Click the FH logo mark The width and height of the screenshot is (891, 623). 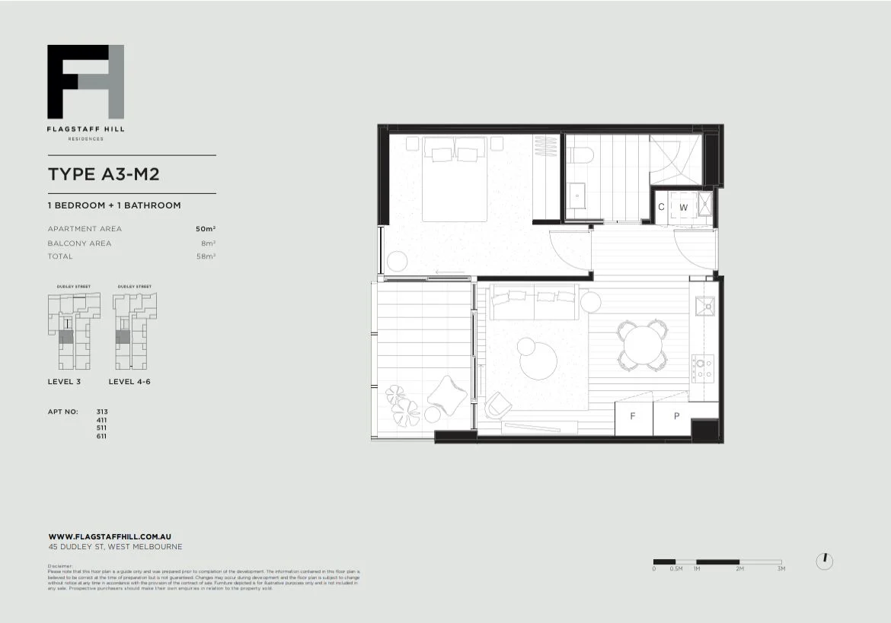click(x=85, y=81)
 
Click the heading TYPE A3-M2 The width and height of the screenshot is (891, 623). click(x=104, y=174)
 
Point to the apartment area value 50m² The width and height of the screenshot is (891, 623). click(x=206, y=229)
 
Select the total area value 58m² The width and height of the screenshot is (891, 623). click(x=206, y=257)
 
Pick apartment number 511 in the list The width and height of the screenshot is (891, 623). click(x=102, y=428)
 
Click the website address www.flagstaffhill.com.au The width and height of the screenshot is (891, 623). click(x=109, y=536)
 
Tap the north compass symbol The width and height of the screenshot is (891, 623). click(x=824, y=561)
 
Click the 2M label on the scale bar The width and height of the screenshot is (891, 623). click(x=739, y=569)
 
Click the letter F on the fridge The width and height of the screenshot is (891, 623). click(x=633, y=417)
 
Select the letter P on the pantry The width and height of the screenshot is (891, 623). click(x=677, y=417)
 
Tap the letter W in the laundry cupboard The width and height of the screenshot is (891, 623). click(x=683, y=208)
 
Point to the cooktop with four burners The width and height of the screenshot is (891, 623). click(x=704, y=368)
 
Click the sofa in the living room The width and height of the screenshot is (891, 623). click(x=533, y=304)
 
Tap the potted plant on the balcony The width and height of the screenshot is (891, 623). click(x=402, y=405)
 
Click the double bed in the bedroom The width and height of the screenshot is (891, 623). click(x=455, y=179)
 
